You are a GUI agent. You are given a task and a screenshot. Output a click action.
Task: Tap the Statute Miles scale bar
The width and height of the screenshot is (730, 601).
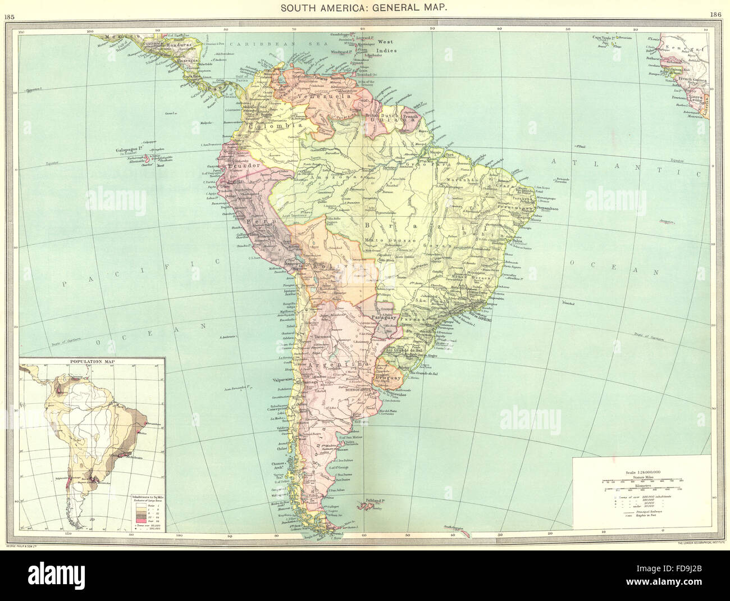[x=640, y=481]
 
